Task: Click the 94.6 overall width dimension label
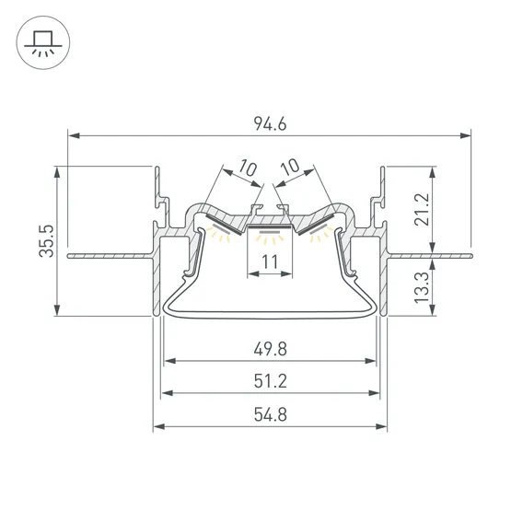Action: pyautogui.click(x=270, y=124)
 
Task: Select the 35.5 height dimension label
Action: pyautogui.click(x=46, y=241)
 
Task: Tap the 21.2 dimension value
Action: pyautogui.click(x=422, y=209)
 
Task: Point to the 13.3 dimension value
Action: pyautogui.click(x=422, y=287)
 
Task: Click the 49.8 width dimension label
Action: pyautogui.click(x=270, y=349)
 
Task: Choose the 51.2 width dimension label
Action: pyautogui.click(x=270, y=381)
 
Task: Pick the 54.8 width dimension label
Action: pyautogui.click(x=270, y=415)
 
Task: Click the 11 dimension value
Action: pyautogui.click(x=270, y=261)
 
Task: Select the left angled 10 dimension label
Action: pyautogui.click(x=248, y=168)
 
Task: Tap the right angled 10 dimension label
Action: pyautogui.click(x=290, y=168)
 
